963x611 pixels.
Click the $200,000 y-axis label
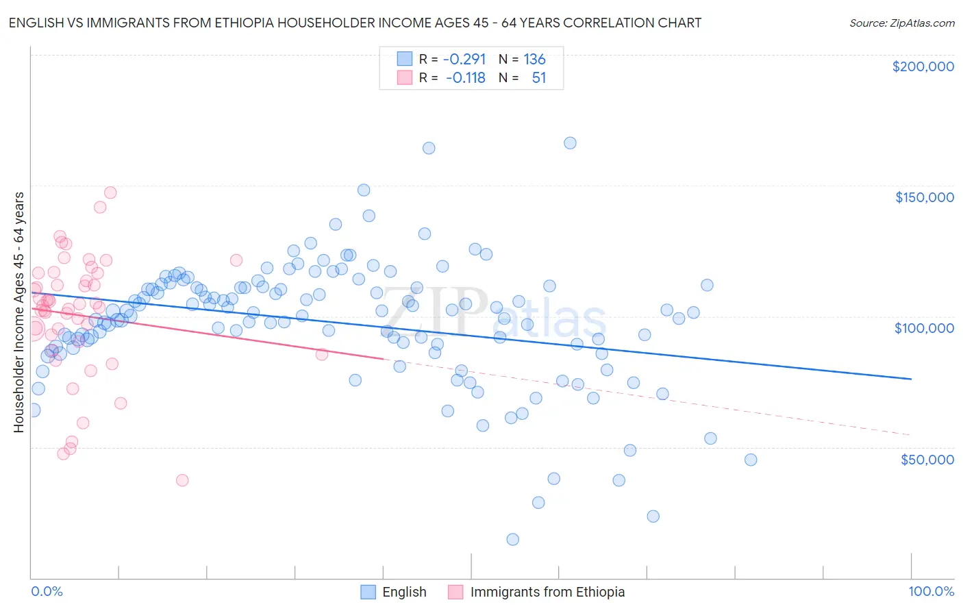tap(923, 66)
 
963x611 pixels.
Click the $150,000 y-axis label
tap(924, 197)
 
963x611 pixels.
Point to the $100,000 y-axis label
tap(924, 328)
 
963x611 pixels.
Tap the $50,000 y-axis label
tap(927, 460)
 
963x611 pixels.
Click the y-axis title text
tap(18, 312)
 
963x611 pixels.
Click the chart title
tap(355, 23)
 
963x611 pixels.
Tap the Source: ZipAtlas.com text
tap(901, 23)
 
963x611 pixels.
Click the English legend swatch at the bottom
tap(368, 592)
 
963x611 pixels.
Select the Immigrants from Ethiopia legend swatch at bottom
tap(455, 592)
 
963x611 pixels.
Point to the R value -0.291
tap(464, 59)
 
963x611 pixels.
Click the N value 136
tap(534, 59)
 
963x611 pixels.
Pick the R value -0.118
tap(465, 78)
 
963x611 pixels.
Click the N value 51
tap(539, 78)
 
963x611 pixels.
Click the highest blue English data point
tap(570, 143)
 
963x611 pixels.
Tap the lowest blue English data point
tap(512, 539)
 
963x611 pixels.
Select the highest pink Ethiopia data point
tap(110, 192)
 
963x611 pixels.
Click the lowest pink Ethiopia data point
tap(182, 480)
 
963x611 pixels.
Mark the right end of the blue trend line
tap(911, 379)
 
